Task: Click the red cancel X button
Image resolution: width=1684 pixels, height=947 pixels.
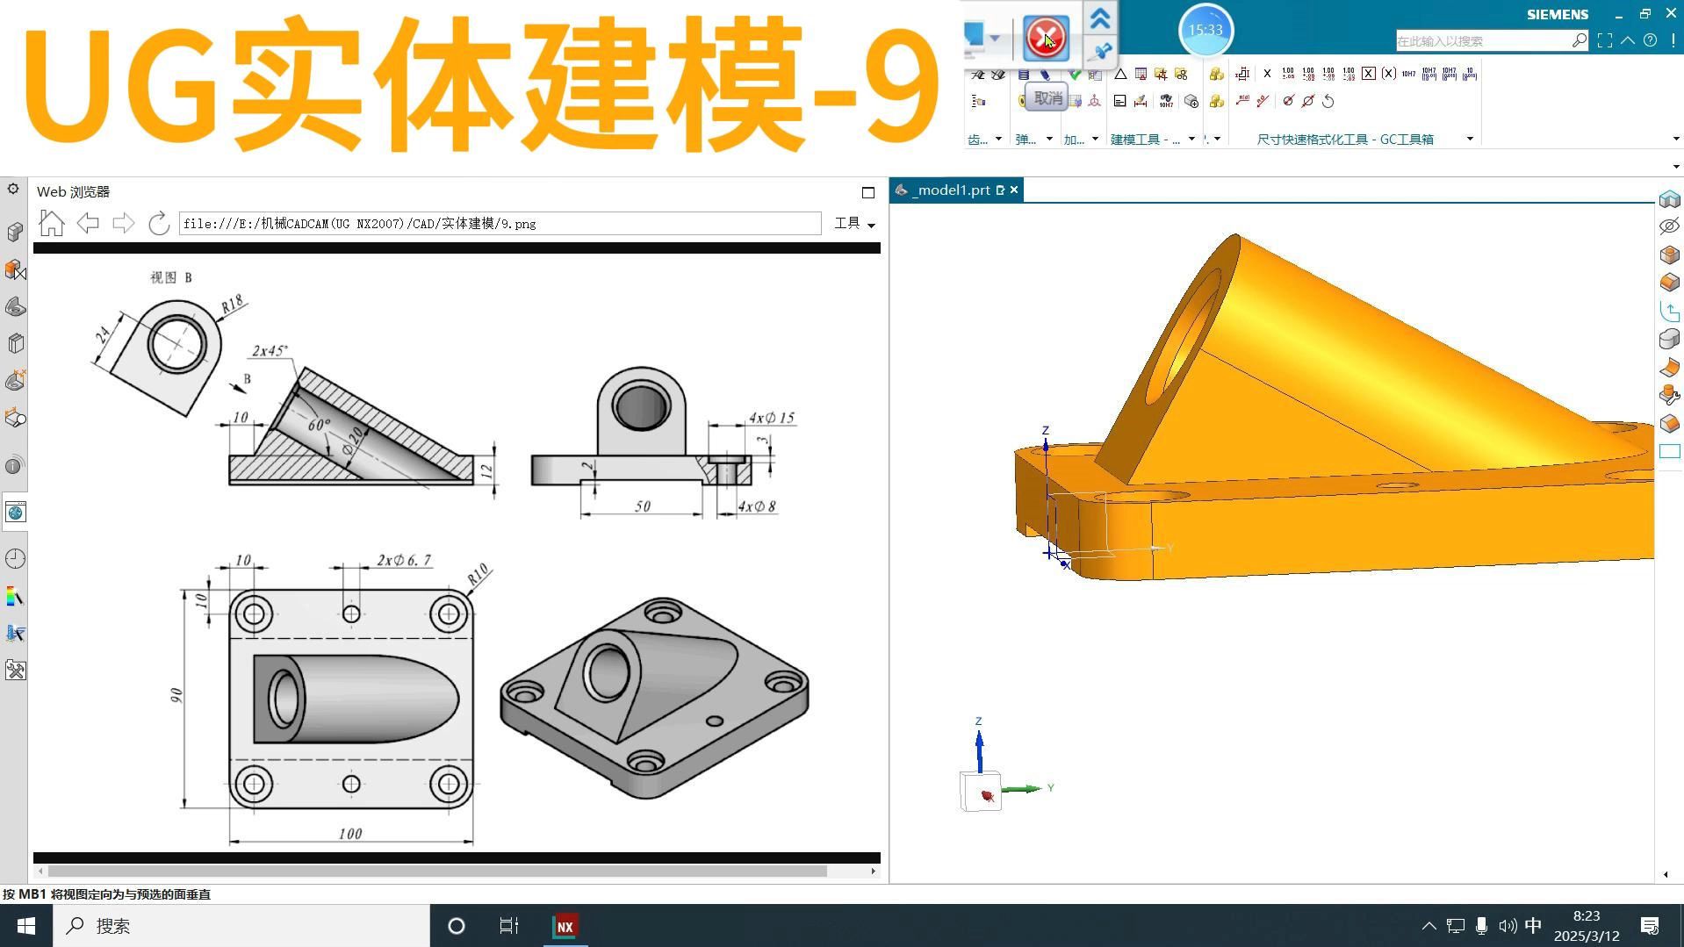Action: coord(1046,38)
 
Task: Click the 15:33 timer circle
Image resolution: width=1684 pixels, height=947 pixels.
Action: coord(1205,30)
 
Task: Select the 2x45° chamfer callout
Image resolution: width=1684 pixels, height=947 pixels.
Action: coord(270,351)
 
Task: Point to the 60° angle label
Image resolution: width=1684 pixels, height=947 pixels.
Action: coord(319,425)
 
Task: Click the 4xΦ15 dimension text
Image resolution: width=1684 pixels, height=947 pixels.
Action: coord(771,418)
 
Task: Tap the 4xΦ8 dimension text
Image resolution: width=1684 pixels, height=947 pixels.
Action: coord(756,506)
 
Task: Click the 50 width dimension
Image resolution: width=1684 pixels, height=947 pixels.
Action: coord(643,506)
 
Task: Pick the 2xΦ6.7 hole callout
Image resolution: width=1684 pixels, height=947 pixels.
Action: coord(404,560)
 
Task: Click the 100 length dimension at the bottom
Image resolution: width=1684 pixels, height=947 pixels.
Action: coord(350,834)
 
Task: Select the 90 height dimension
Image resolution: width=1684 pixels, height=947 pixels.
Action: coord(176,695)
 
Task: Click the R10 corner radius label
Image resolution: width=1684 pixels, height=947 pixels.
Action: coord(478,576)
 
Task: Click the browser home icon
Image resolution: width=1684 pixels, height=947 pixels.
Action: coord(52,224)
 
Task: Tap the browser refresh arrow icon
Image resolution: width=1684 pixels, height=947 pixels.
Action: coord(159,224)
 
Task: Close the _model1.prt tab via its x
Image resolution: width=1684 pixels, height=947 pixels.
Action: coord(1014,190)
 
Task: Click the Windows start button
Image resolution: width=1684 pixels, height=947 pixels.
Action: coord(26,926)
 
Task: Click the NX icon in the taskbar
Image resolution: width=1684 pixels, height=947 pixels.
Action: coord(565,926)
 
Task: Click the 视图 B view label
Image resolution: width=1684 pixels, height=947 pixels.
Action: coord(170,277)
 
